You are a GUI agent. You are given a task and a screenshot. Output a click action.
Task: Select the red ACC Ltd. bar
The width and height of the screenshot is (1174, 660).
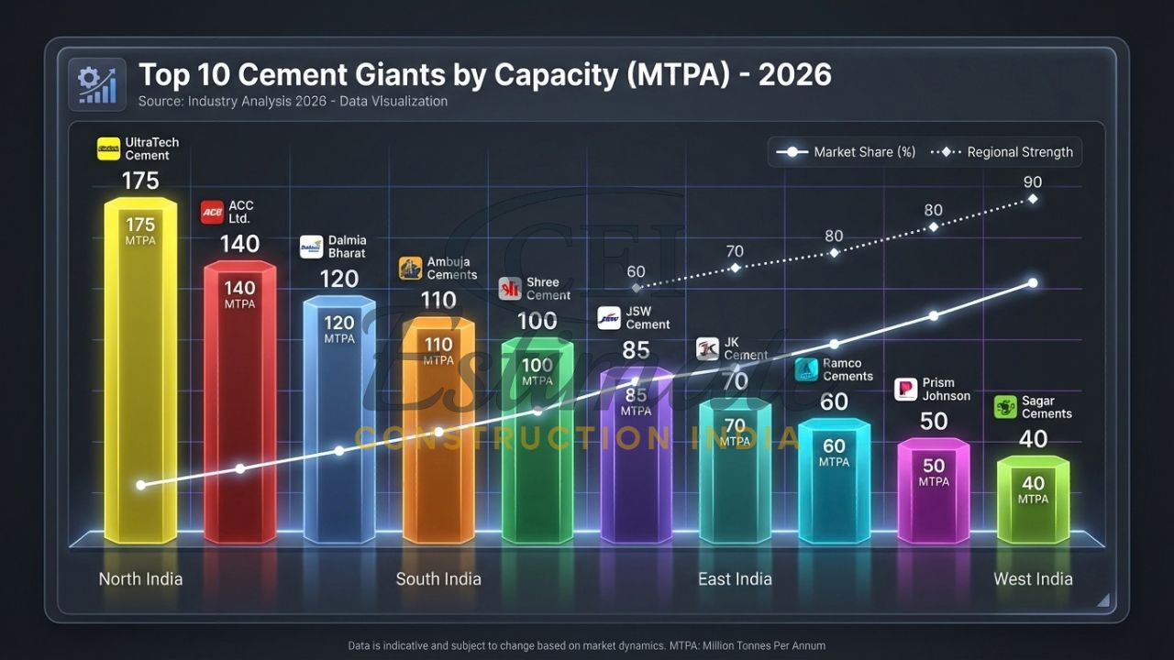coord(239,403)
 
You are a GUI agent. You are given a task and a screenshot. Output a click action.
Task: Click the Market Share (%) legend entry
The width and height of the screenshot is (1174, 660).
coord(845,152)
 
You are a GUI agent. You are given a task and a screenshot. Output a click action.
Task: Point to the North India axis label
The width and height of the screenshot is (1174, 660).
coord(140,578)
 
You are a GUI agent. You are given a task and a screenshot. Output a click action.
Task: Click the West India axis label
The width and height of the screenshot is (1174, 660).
coord(1033,578)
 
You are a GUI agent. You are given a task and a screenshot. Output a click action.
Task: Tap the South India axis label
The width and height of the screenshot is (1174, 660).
coord(438,578)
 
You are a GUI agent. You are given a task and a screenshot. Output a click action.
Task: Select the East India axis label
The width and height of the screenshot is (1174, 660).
coord(735,578)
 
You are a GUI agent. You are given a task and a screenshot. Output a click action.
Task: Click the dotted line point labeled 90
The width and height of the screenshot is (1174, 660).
coord(1033,198)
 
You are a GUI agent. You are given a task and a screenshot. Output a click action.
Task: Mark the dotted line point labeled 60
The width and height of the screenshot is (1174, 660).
coord(637,288)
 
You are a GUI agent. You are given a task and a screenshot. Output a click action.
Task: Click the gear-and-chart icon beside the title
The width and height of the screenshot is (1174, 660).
coord(97,84)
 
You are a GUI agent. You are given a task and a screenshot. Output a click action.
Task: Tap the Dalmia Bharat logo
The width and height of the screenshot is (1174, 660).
coord(312,247)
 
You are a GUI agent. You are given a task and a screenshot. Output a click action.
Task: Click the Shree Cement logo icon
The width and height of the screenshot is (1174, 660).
coord(510,289)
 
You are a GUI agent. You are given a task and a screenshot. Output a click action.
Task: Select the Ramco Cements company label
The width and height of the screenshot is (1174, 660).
coord(847,369)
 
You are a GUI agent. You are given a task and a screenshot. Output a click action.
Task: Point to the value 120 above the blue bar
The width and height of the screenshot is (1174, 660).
coord(338,279)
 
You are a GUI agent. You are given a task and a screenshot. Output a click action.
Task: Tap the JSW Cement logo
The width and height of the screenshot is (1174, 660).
coord(610,318)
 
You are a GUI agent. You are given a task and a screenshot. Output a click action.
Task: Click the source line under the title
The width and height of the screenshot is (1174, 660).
coord(293,102)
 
